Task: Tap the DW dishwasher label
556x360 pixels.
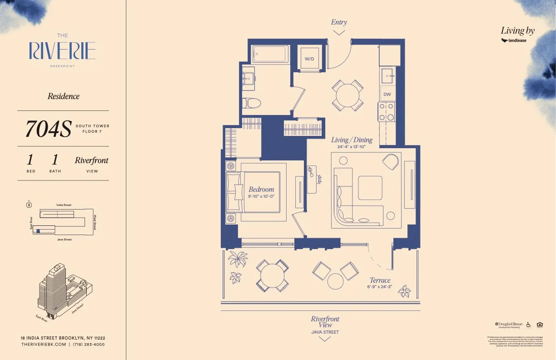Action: point(387,95)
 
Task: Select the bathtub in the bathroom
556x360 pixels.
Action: point(270,55)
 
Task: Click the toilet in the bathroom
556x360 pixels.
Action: point(251,103)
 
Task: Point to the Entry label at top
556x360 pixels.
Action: point(339,22)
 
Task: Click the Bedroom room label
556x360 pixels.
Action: point(261,189)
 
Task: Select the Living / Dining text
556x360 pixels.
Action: point(352,140)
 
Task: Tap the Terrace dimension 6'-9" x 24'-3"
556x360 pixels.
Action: point(380,287)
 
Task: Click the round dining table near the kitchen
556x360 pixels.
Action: point(347,95)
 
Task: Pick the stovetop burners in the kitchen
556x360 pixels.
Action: point(387,112)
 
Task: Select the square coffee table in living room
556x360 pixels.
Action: point(370,188)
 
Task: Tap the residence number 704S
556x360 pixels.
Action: point(48,129)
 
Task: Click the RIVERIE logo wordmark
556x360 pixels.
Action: point(62,51)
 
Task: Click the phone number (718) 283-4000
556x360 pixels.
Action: point(89,345)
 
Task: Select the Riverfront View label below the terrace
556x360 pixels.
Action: point(325,322)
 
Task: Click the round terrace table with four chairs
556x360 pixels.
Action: point(272,275)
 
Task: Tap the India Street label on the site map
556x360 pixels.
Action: point(64,205)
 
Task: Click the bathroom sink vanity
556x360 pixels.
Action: point(248,78)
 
